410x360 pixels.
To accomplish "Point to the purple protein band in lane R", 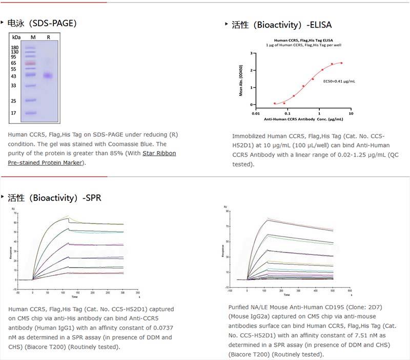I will pos(48,76).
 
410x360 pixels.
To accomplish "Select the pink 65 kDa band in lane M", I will pos(30,63).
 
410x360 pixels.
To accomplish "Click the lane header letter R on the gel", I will pos(48,37).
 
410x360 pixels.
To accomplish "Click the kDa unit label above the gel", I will pos(16,37).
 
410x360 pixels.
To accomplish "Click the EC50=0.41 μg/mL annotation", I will pos(339,81).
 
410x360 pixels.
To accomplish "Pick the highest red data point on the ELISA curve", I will pos(341,63).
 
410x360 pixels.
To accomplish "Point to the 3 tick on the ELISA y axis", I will pos(250,53).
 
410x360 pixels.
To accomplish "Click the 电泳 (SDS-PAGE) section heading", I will pos(43,23).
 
